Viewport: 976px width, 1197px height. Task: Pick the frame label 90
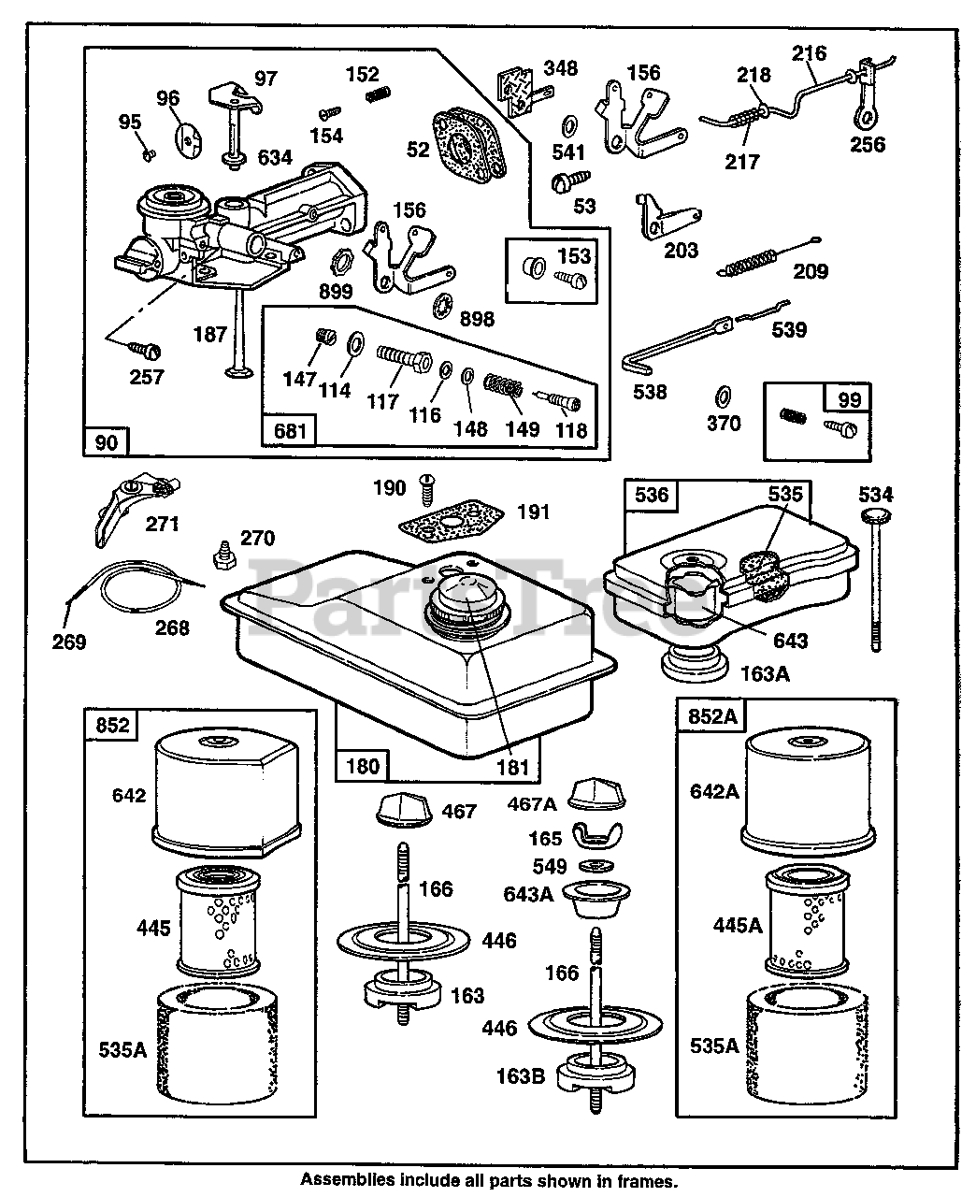pos(107,440)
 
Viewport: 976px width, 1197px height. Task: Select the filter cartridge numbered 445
pos(214,919)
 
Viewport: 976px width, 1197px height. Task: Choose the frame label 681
pos(289,431)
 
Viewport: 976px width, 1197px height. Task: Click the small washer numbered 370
pos(721,393)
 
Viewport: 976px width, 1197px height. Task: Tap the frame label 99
pos(849,399)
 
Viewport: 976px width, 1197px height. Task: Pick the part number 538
pos(650,391)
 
